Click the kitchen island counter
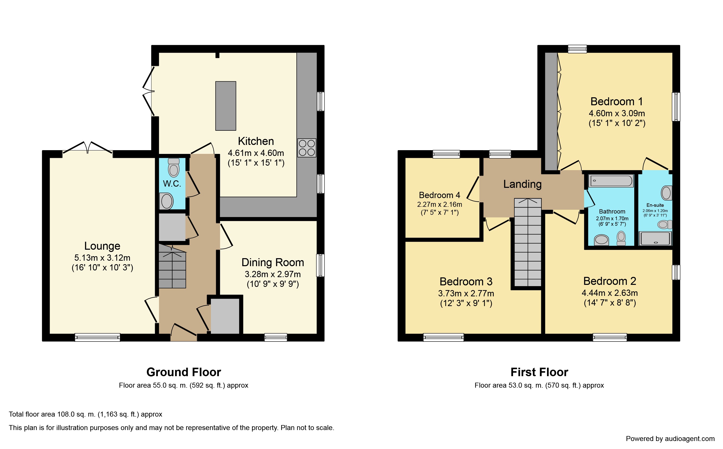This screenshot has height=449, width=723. (x=226, y=106)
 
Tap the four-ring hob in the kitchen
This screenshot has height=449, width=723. (x=307, y=148)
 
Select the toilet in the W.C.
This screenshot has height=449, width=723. (x=174, y=168)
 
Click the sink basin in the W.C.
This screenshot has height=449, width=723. (x=167, y=201)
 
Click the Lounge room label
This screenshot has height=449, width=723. (x=102, y=246)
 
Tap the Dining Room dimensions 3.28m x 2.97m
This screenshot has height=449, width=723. (x=273, y=274)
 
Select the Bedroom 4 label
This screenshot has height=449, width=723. (x=440, y=195)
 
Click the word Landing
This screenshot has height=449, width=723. (x=522, y=184)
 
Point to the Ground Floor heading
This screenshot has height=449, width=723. (x=184, y=372)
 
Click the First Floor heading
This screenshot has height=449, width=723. (x=539, y=372)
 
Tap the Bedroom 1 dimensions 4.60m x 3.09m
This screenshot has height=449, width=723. (x=617, y=113)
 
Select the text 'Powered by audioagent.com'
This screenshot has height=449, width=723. (x=670, y=439)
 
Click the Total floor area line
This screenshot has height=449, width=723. (x=86, y=414)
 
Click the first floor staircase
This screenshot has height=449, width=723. (x=528, y=242)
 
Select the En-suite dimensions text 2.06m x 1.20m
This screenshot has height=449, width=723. (x=655, y=211)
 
